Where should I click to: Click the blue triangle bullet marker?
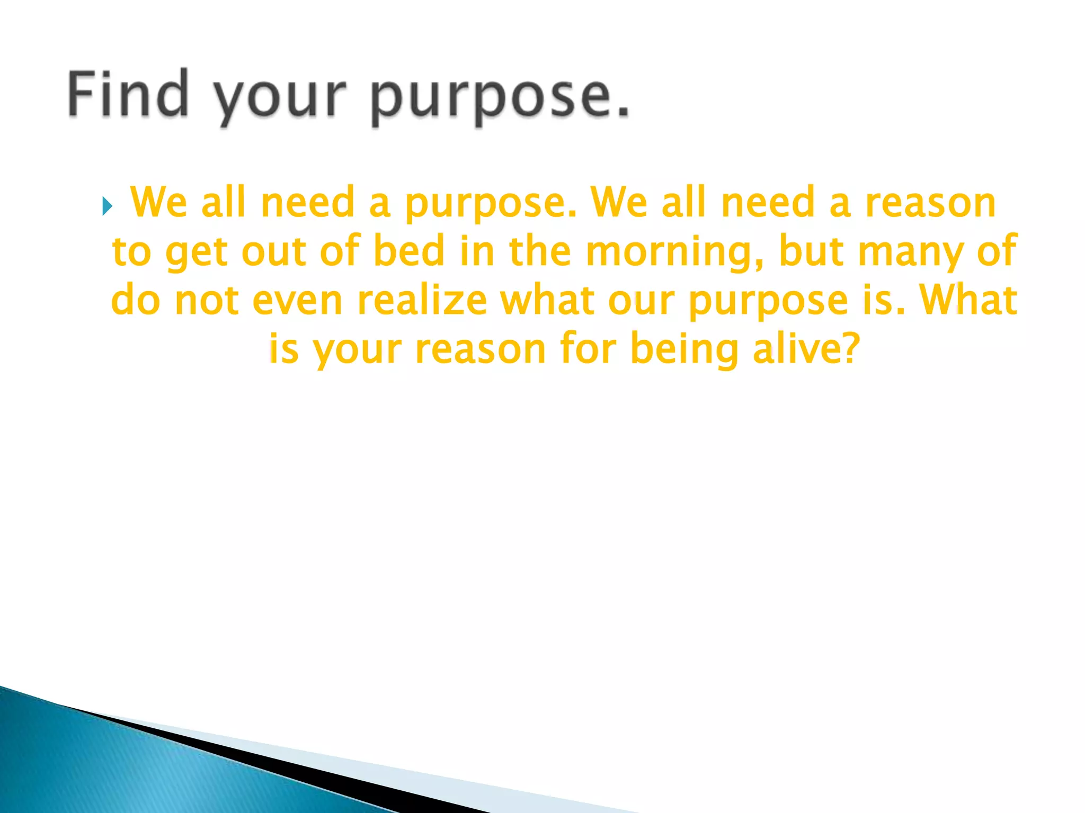click(x=107, y=206)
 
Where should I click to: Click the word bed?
click(x=408, y=251)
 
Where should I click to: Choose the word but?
click(x=811, y=251)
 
